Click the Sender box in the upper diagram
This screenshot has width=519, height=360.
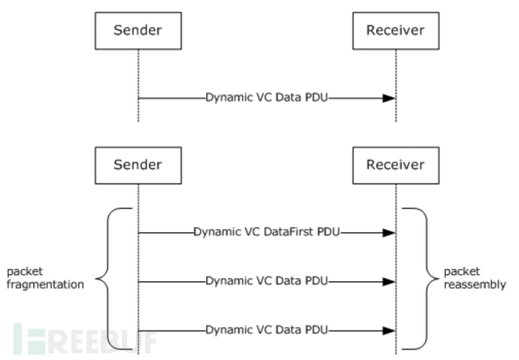(x=138, y=31)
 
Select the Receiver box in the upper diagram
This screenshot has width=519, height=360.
(x=396, y=31)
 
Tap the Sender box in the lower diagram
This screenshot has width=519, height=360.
(x=138, y=165)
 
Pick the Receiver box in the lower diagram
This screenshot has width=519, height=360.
(x=396, y=165)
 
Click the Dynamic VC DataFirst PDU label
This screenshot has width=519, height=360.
(x=267, y=232)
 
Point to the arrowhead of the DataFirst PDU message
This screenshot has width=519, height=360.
(x=389, y=233)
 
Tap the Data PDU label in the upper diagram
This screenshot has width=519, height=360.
(x=267, y=98)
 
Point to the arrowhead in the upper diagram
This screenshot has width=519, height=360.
(x=389, y=98)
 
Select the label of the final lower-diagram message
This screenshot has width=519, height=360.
(x=267, y=330)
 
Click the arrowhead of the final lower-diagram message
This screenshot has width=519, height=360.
(x=389, y=331)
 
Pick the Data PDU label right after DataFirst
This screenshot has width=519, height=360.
(x=267, y=281)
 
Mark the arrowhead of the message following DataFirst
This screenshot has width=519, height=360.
(x=389, y=282)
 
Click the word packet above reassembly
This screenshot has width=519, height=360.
(x=460, y=271)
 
